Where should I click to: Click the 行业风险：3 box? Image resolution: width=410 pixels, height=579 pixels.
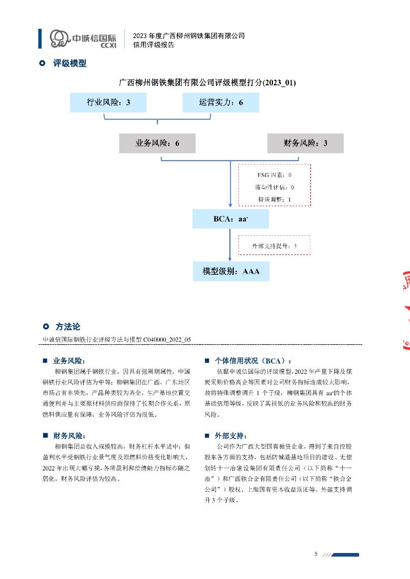pyautogui.click(x=108, y=102)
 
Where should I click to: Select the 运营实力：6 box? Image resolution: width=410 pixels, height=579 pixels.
pyautogui.click(x=220, y=102)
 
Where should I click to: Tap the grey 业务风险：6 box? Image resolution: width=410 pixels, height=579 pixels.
pyautogui.click(x=157, y=143)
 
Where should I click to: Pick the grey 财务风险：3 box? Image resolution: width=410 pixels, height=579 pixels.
pyautogui.click(x=305, y=143)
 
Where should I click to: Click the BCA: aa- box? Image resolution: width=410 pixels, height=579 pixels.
pyautogui.click(x=230, y=219)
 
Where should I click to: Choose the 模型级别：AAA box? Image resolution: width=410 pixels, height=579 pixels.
pyautogui.click(x=231, y=271)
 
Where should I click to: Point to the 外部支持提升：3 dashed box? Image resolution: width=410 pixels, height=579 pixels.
pyautogui.click(x=274, y=246)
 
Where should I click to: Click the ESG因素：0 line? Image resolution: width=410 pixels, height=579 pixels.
pyautogui.click(x=274, y=175)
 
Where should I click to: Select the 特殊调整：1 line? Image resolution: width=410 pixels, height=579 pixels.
pyautogui.click(x=274, y=199)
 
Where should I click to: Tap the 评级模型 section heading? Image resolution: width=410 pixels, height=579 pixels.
pyautogui.click(x=70, y=63)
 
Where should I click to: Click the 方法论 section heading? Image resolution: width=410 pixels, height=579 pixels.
pyautogui.click(x=68, y=327)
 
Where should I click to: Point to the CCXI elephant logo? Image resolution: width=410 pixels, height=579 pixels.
pyautogui.click(x=59, y=38)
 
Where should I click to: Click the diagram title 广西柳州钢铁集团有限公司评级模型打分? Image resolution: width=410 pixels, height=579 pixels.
pyautogui.click(x=207, y=83)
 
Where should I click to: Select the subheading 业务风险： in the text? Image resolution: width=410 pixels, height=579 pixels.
pyautogui.click(x=69, y=361)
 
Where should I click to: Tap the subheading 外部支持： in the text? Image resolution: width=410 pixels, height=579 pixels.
pyautogui.click(x=230, y=436)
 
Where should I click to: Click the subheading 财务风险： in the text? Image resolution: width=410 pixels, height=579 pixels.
pyautogui.click(x=69, y=436)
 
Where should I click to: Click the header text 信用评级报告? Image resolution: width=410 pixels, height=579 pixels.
pyautogui.click(x=153, y=45)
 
